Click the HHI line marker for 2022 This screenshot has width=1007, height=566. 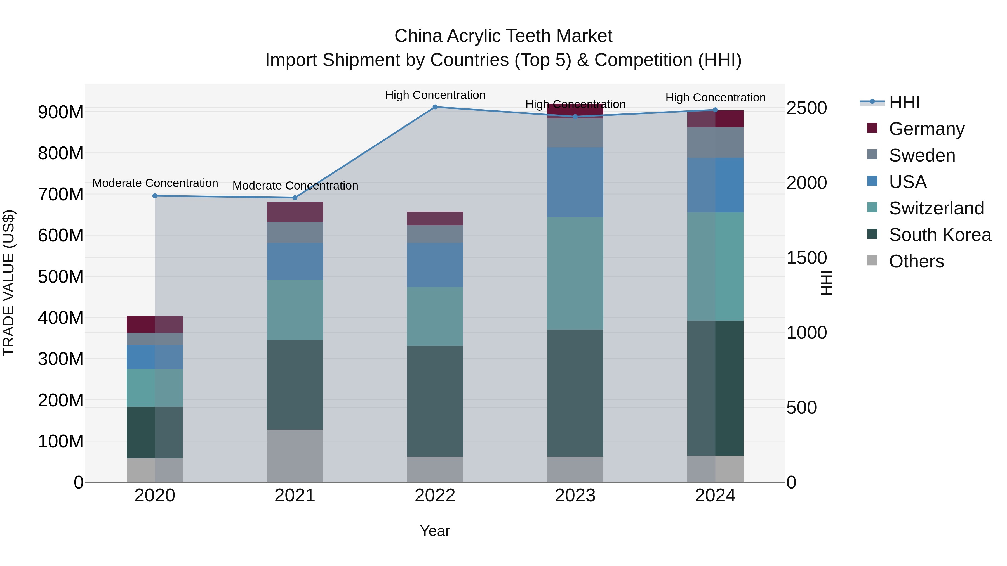(x=435, y=107)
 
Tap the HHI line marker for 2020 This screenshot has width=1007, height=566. (x=155, y=196)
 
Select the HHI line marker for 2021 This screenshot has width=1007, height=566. (x=295, y=198)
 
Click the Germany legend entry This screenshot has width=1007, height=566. (x=926, y=129)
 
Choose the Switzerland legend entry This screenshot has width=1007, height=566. (x=936, y=208)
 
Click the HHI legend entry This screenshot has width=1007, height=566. (x=904, y=102)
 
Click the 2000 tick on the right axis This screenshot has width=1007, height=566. (x=806, y=183)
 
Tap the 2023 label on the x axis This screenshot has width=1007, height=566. (x=575, y=496)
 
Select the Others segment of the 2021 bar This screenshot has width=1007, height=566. (x=295, y=456)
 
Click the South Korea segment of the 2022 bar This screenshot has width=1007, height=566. (x=435, y=401)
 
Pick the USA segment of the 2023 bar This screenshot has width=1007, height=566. (x=575, y=182)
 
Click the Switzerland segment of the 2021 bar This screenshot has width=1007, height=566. (x=295, y=310)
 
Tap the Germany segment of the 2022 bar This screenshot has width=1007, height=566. (x=435, y=218)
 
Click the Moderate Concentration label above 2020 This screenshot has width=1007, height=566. (x=155, y=183)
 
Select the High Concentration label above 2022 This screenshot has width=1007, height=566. (x=435, y=95)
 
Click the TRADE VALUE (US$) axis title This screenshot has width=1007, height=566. (x=9, y=283)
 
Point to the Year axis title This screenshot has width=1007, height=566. (x=435, y=531)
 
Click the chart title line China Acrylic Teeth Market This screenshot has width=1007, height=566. (x=503, y=36)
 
